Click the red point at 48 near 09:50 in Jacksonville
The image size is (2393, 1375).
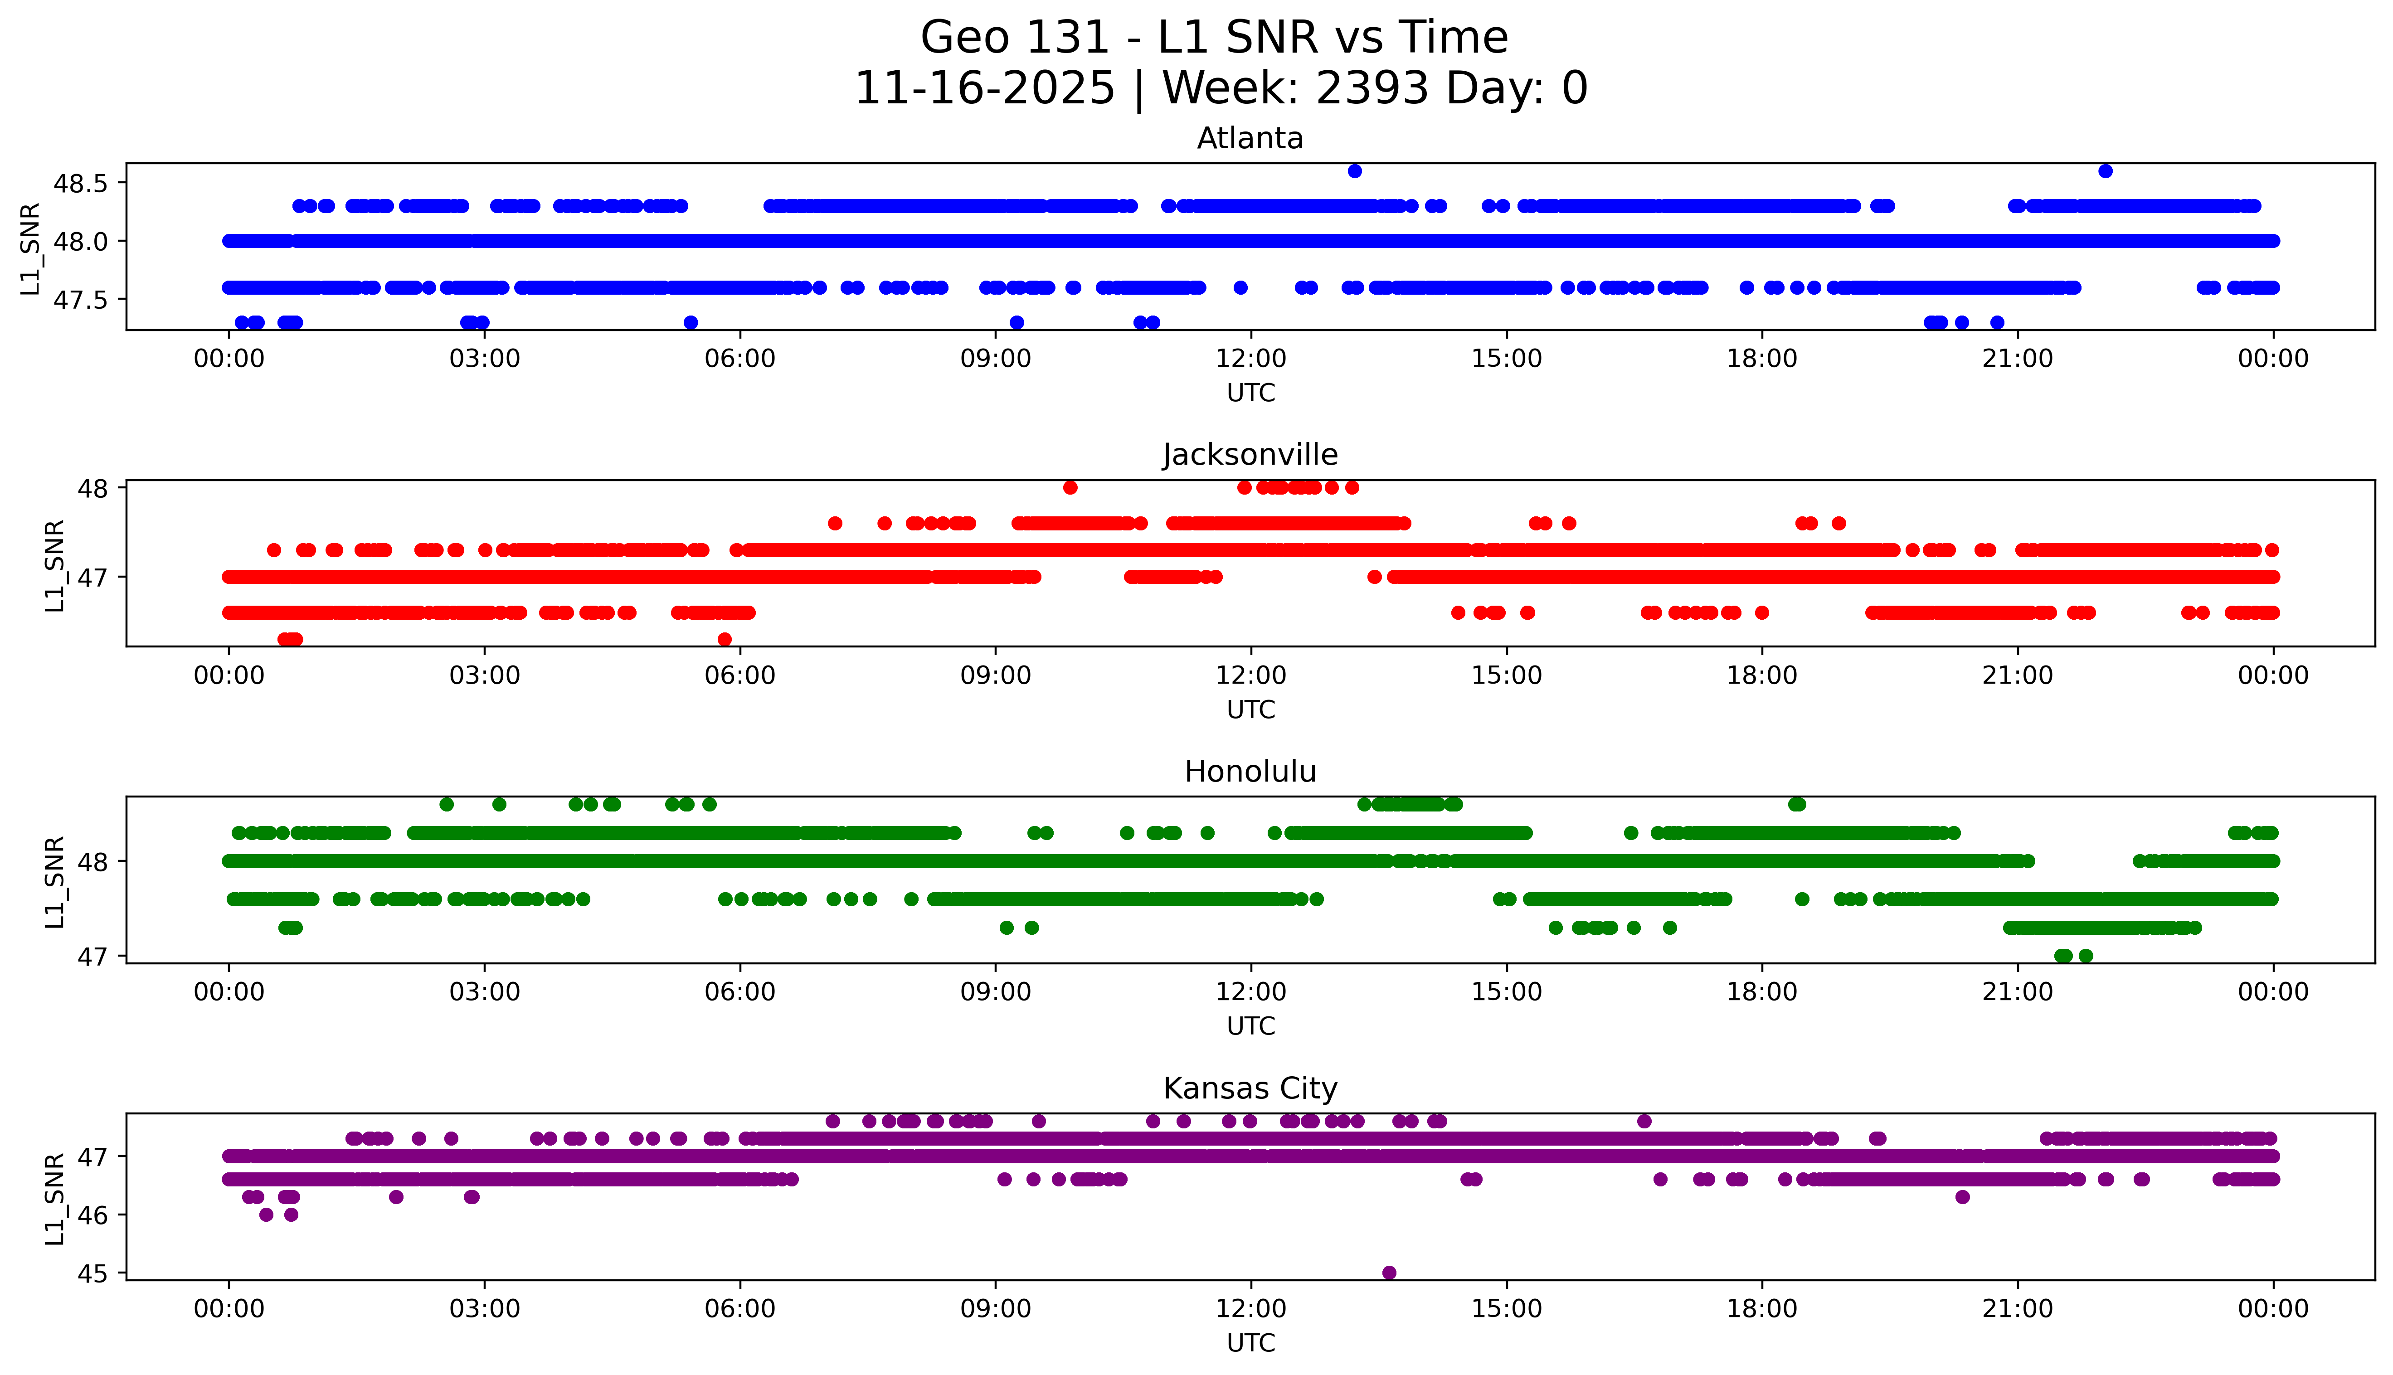(x=1070, y=487)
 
